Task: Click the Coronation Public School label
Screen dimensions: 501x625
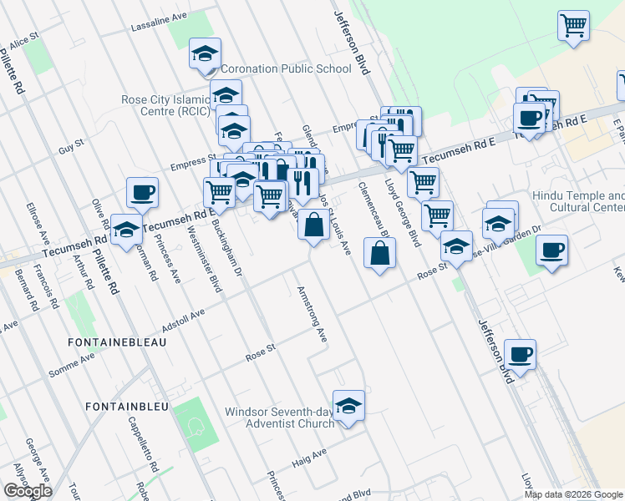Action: (x=286, y=69)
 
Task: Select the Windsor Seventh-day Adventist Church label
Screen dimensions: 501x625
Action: (x=279, y=417)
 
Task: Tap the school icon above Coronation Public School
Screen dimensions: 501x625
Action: (x=205, y=54)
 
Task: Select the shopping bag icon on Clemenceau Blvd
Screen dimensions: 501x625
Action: (x=379, y=253)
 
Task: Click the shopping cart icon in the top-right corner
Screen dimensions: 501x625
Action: (x=573, y=26)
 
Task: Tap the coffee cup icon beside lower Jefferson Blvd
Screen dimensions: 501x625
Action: (x=520, y=355)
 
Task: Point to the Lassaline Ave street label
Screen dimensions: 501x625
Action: (x=159, y=23)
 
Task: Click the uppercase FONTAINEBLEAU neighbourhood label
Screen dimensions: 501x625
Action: (x=119, y=342)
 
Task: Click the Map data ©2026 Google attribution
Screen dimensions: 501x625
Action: (x=573, y=494)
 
